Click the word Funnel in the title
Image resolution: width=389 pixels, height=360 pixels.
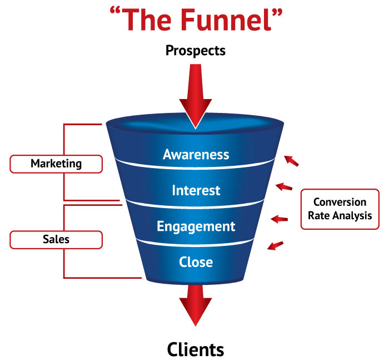pyautogui.click(x=231, y=20)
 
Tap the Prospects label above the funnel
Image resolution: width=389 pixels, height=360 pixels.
pyautogui.click(x=196, y=51)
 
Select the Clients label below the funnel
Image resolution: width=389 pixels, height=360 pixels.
pyautogui.click(x=196, y=349)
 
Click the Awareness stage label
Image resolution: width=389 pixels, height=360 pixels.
pyautogui.click(x=196, y=154)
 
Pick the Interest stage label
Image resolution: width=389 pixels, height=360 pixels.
pyautogui.click(x=196, y=190)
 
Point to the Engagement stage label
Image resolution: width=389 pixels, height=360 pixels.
pyautogui.click(x=196, y=226)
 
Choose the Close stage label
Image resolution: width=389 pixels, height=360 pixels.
pyautogui.click(x=196, y=261)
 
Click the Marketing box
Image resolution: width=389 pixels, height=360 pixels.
pyautogui.click(x=56, y=164)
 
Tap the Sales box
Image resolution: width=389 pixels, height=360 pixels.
pyautogui.click(x=56, y=239)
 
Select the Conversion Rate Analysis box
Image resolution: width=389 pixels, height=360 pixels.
pyautogui.click(x=340, y=209)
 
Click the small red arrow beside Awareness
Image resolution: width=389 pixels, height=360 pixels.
pyautogui.click(x=291, y=161)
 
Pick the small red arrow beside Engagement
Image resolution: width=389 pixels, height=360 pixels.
pyautogui.click(x=279, y=219)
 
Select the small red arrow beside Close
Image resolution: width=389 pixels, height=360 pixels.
pyautogui.click(x=276, y=245)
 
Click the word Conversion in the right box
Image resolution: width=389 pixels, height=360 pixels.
pyautogui.click(x=340, y=203)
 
